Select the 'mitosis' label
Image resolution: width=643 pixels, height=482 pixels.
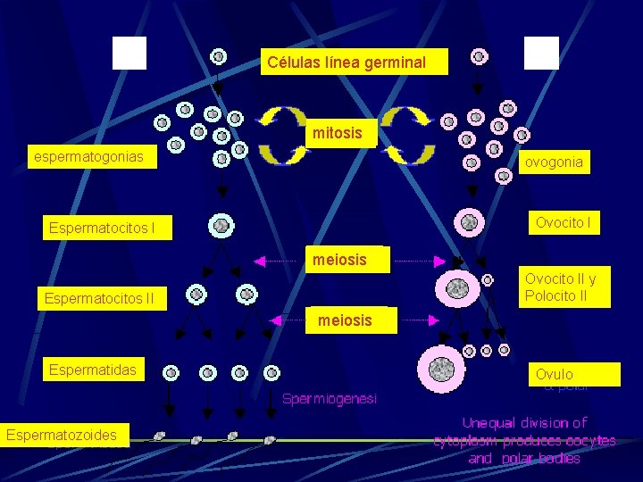tap(338, 133)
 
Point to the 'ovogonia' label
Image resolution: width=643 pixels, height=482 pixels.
tap(554, 162)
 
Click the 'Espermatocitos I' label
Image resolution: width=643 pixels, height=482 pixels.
tap(102, 229)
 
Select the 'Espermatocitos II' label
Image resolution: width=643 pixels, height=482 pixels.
tap(100, 297)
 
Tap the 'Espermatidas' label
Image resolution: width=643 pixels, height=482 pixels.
tap(93, 370)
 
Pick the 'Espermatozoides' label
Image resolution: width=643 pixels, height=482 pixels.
tap(65, 435)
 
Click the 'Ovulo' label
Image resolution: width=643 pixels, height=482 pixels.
tap(555, 374)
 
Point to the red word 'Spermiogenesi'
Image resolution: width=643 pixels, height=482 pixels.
tap(330, 398)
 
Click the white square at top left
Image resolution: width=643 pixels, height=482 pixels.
tap(129, 53)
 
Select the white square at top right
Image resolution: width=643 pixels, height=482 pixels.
tap(541, 53)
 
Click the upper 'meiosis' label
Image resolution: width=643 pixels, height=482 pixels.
tap(338, 260)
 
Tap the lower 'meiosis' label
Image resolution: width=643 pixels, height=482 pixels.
tap(344, 320)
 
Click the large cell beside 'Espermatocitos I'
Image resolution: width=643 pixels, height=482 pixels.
tap(221, 226)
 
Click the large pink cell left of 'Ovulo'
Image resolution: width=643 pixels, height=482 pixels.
tap(442, 369)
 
